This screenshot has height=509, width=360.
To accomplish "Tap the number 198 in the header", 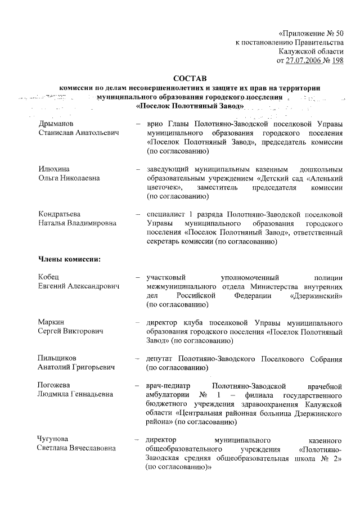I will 337,60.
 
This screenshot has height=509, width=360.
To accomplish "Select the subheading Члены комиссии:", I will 69,259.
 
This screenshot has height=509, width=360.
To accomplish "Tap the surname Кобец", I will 49,277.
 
